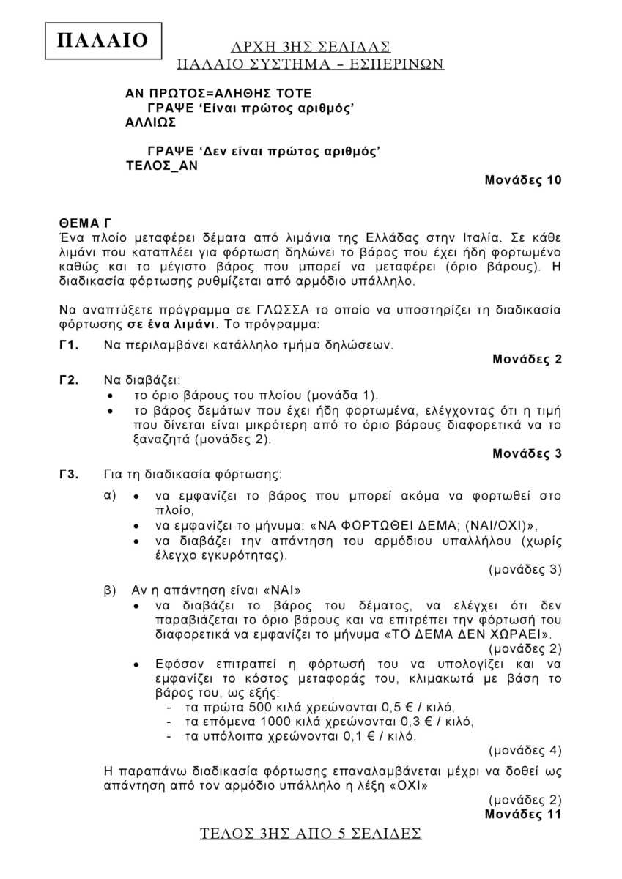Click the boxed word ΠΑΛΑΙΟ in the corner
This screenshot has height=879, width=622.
(x=102, y=40)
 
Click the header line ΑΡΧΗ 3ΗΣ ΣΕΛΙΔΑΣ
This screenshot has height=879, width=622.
(x=311, y=47)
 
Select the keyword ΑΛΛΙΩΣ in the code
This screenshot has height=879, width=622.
(x=150, y=122)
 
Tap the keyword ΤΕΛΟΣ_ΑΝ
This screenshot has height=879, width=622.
(x=162, y=166)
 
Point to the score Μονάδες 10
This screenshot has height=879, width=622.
(x=523, y=180)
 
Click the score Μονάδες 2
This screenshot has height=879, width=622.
(x=527, y=359)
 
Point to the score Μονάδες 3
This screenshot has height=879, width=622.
(x=527, y=453)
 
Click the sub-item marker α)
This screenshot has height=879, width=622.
(x=111, y=495)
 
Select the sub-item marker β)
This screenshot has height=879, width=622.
(x=111, y=589)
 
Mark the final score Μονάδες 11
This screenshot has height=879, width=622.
(x=523, y=814)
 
